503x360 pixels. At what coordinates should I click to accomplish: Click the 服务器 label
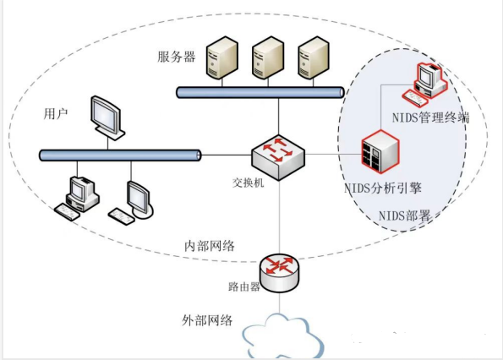176,57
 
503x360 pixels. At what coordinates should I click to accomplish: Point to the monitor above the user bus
108,119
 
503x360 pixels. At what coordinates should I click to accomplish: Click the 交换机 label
249,183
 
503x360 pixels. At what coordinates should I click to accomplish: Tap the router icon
279,270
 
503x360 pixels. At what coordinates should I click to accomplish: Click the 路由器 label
244,286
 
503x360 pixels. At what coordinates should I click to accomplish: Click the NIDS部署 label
405,215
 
